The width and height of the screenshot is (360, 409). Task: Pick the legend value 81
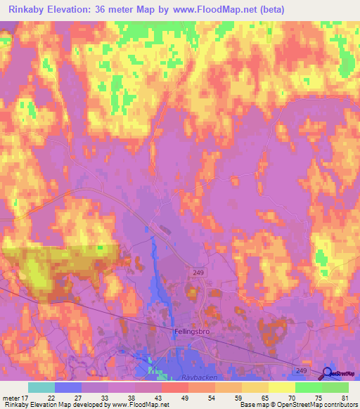point(345,398)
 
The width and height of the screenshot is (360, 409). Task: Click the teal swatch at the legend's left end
point(41,387)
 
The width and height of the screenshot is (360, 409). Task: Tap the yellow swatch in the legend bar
point(282,387)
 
